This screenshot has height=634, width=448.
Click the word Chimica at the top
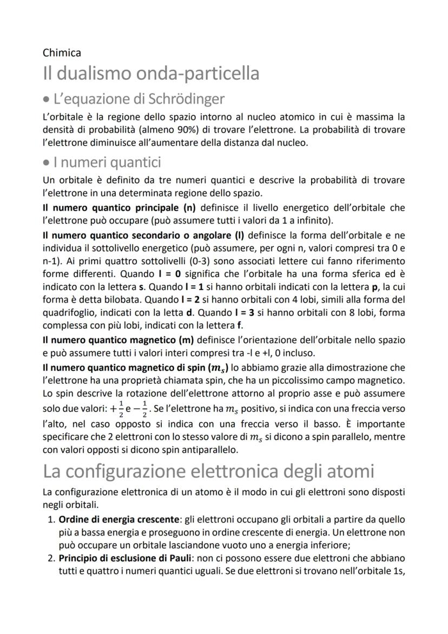62,53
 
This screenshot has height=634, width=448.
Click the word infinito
305,221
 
